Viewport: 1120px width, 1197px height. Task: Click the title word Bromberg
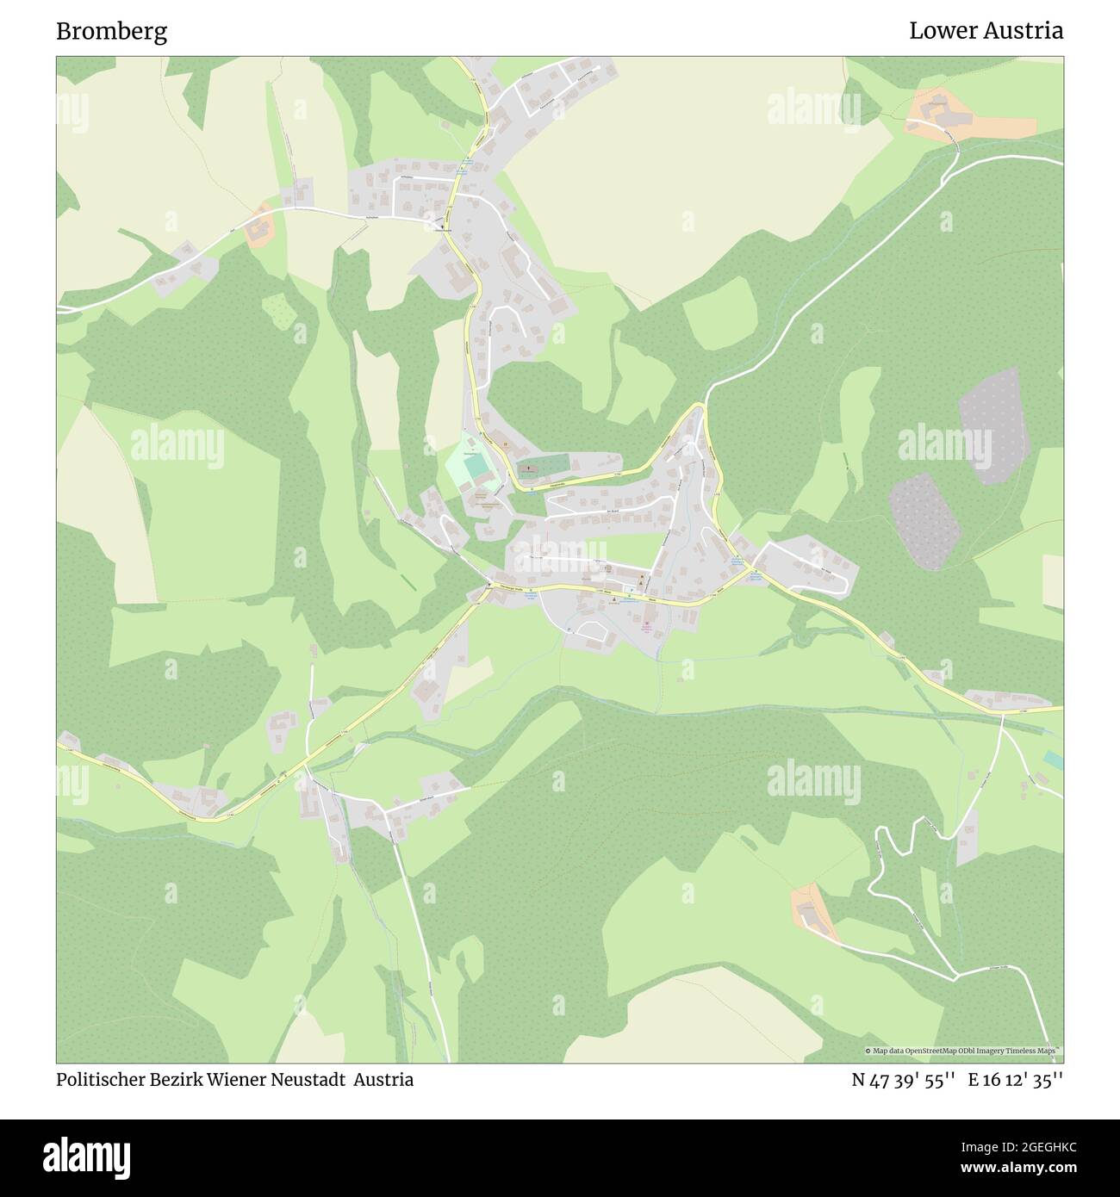(x=111, y=32)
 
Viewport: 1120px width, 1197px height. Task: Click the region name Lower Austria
(x=986, y=32)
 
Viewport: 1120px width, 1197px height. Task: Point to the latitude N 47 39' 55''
(x=903, y=1080)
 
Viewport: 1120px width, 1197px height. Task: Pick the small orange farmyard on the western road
(x=259, y=227)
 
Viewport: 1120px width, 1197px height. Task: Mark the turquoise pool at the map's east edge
(x=1052, y=760)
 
